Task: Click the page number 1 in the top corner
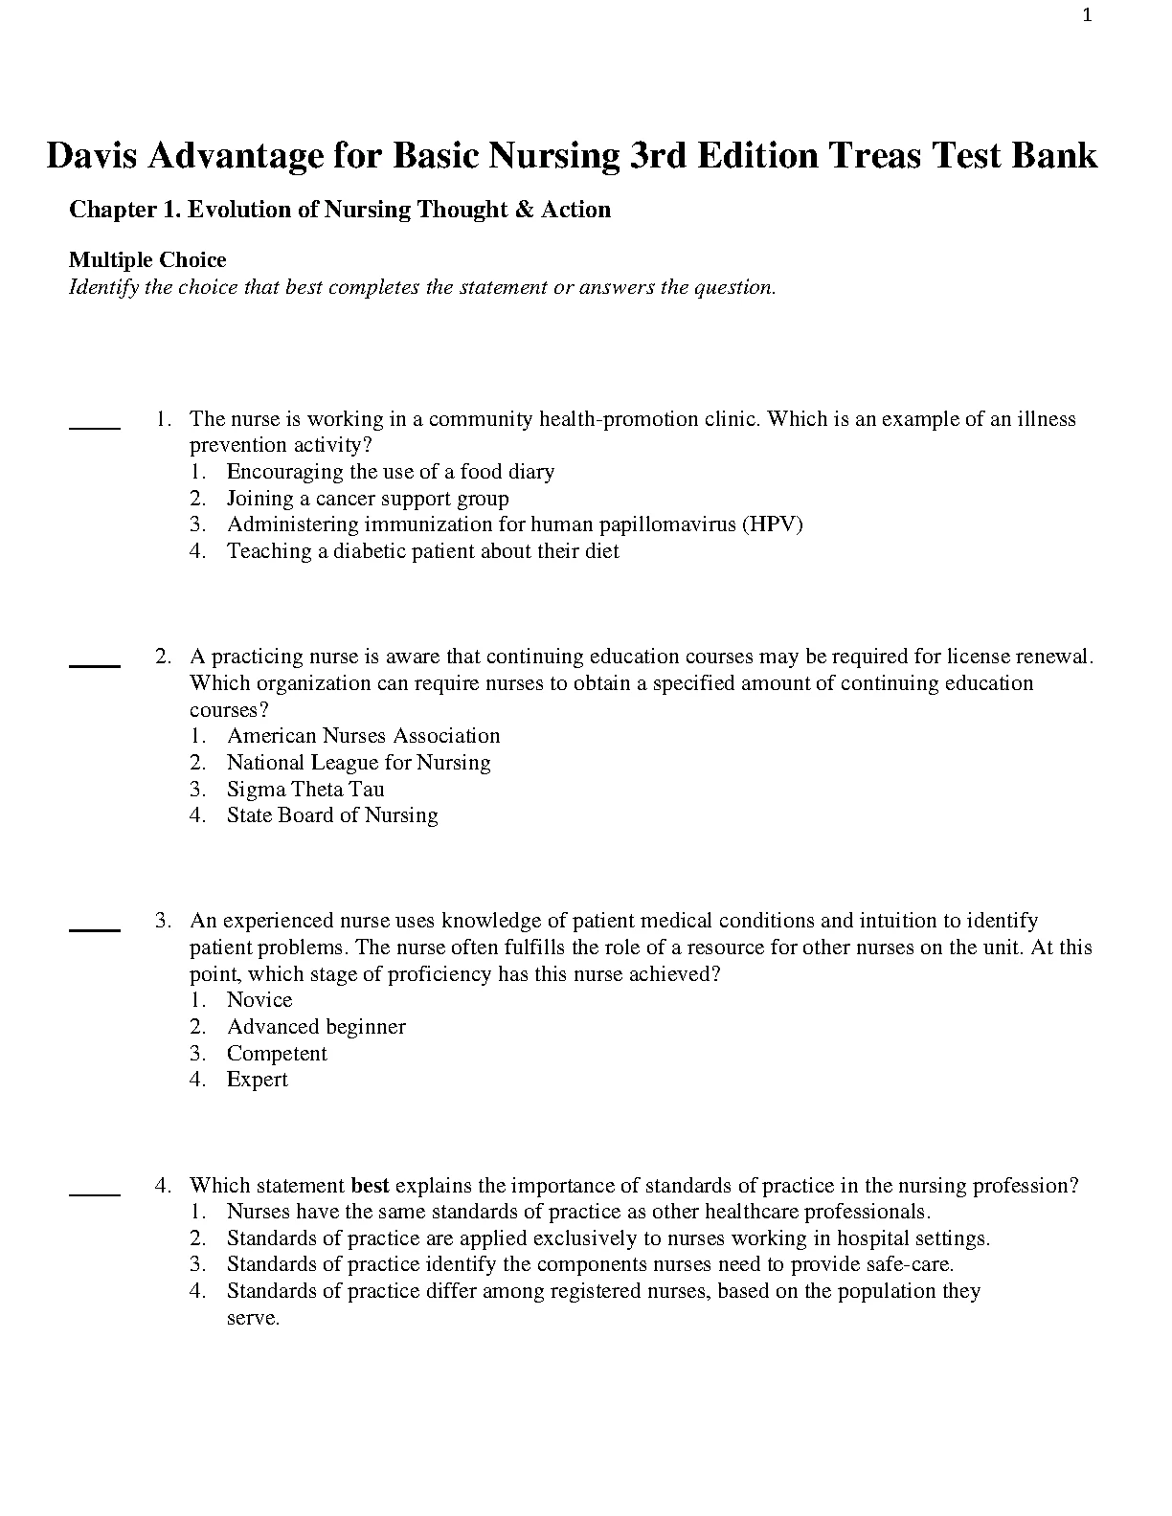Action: (x=1087, y=15)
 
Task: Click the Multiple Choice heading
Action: (x=147, y=260)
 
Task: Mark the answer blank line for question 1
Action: (x=95, y=428)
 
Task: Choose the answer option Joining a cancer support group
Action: (x=368, y=499)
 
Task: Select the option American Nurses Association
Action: (x=363, y=736)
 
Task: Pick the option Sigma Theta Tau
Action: (x=305, y=790)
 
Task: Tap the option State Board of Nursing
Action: (x=332, y=815)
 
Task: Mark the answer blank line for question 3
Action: (x=95, y=928)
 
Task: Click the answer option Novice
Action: (x=259, y=1000)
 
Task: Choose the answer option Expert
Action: (x=257, y=1080)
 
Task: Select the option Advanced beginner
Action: (x=316, y=1027)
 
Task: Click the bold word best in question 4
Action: (x=371, y=1186)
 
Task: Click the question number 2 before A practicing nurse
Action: (x=163, y=657)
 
